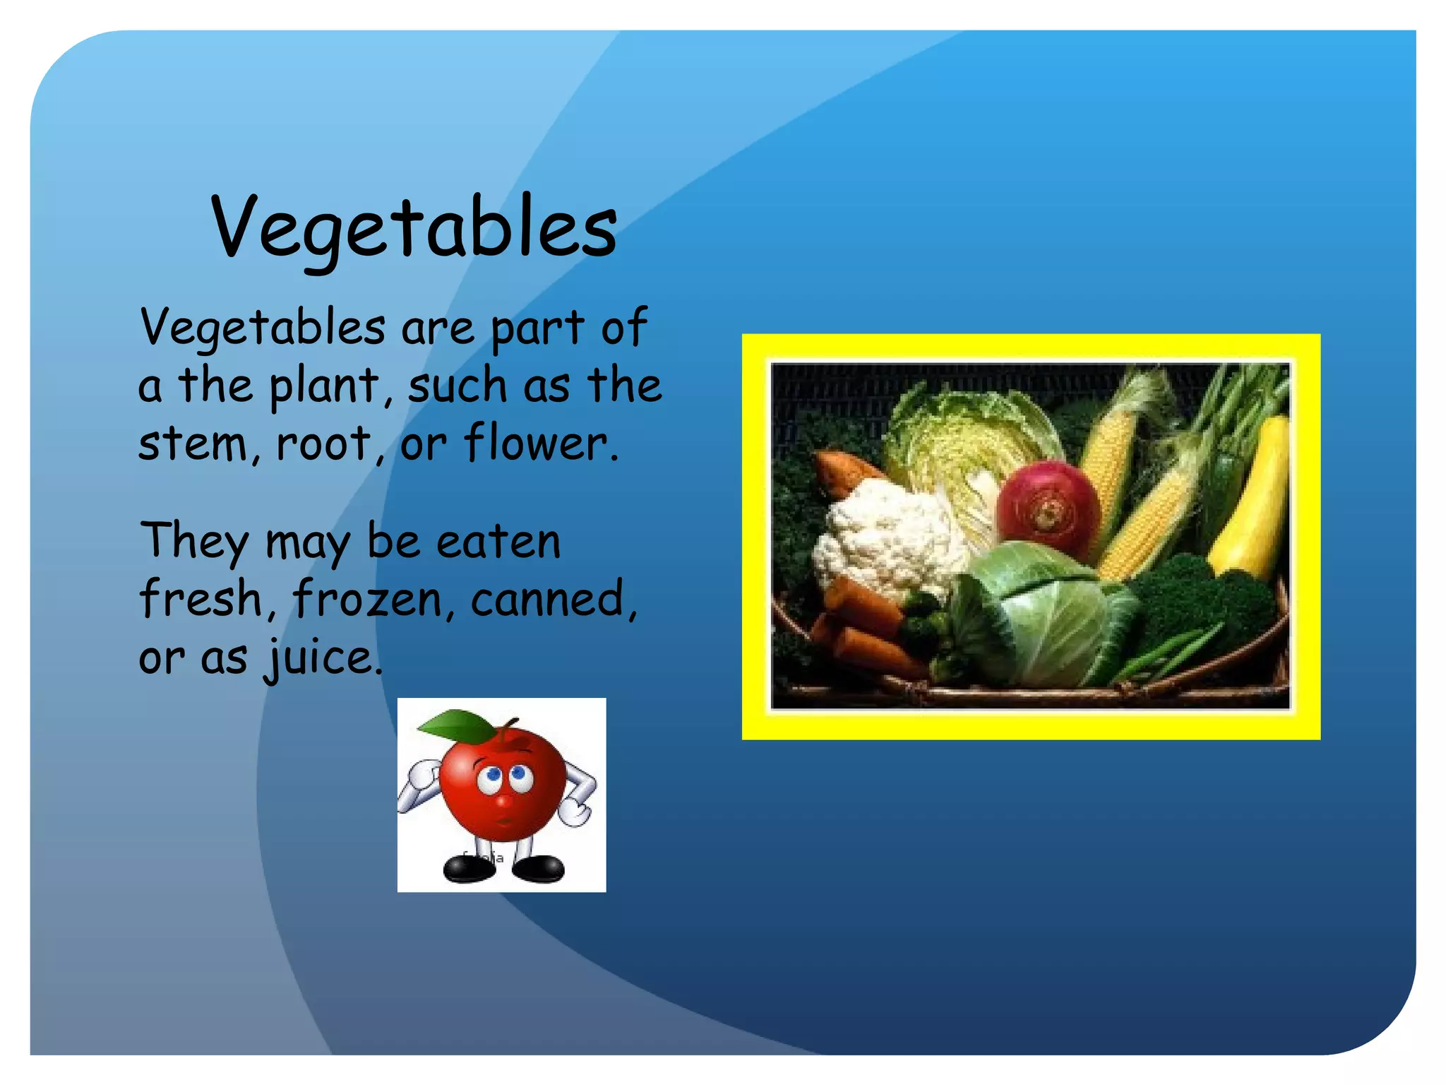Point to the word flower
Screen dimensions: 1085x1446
click(540, 444)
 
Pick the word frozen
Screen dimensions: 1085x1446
click(368, 599)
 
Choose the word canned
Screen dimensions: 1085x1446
click(552, 599)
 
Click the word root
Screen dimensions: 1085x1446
click(323, 444)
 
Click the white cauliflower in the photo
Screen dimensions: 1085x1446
click(886, 537)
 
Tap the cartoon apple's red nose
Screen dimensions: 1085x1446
click(503, 802)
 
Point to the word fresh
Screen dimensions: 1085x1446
click(201, 599)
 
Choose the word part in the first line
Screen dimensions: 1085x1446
click(537, 328)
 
